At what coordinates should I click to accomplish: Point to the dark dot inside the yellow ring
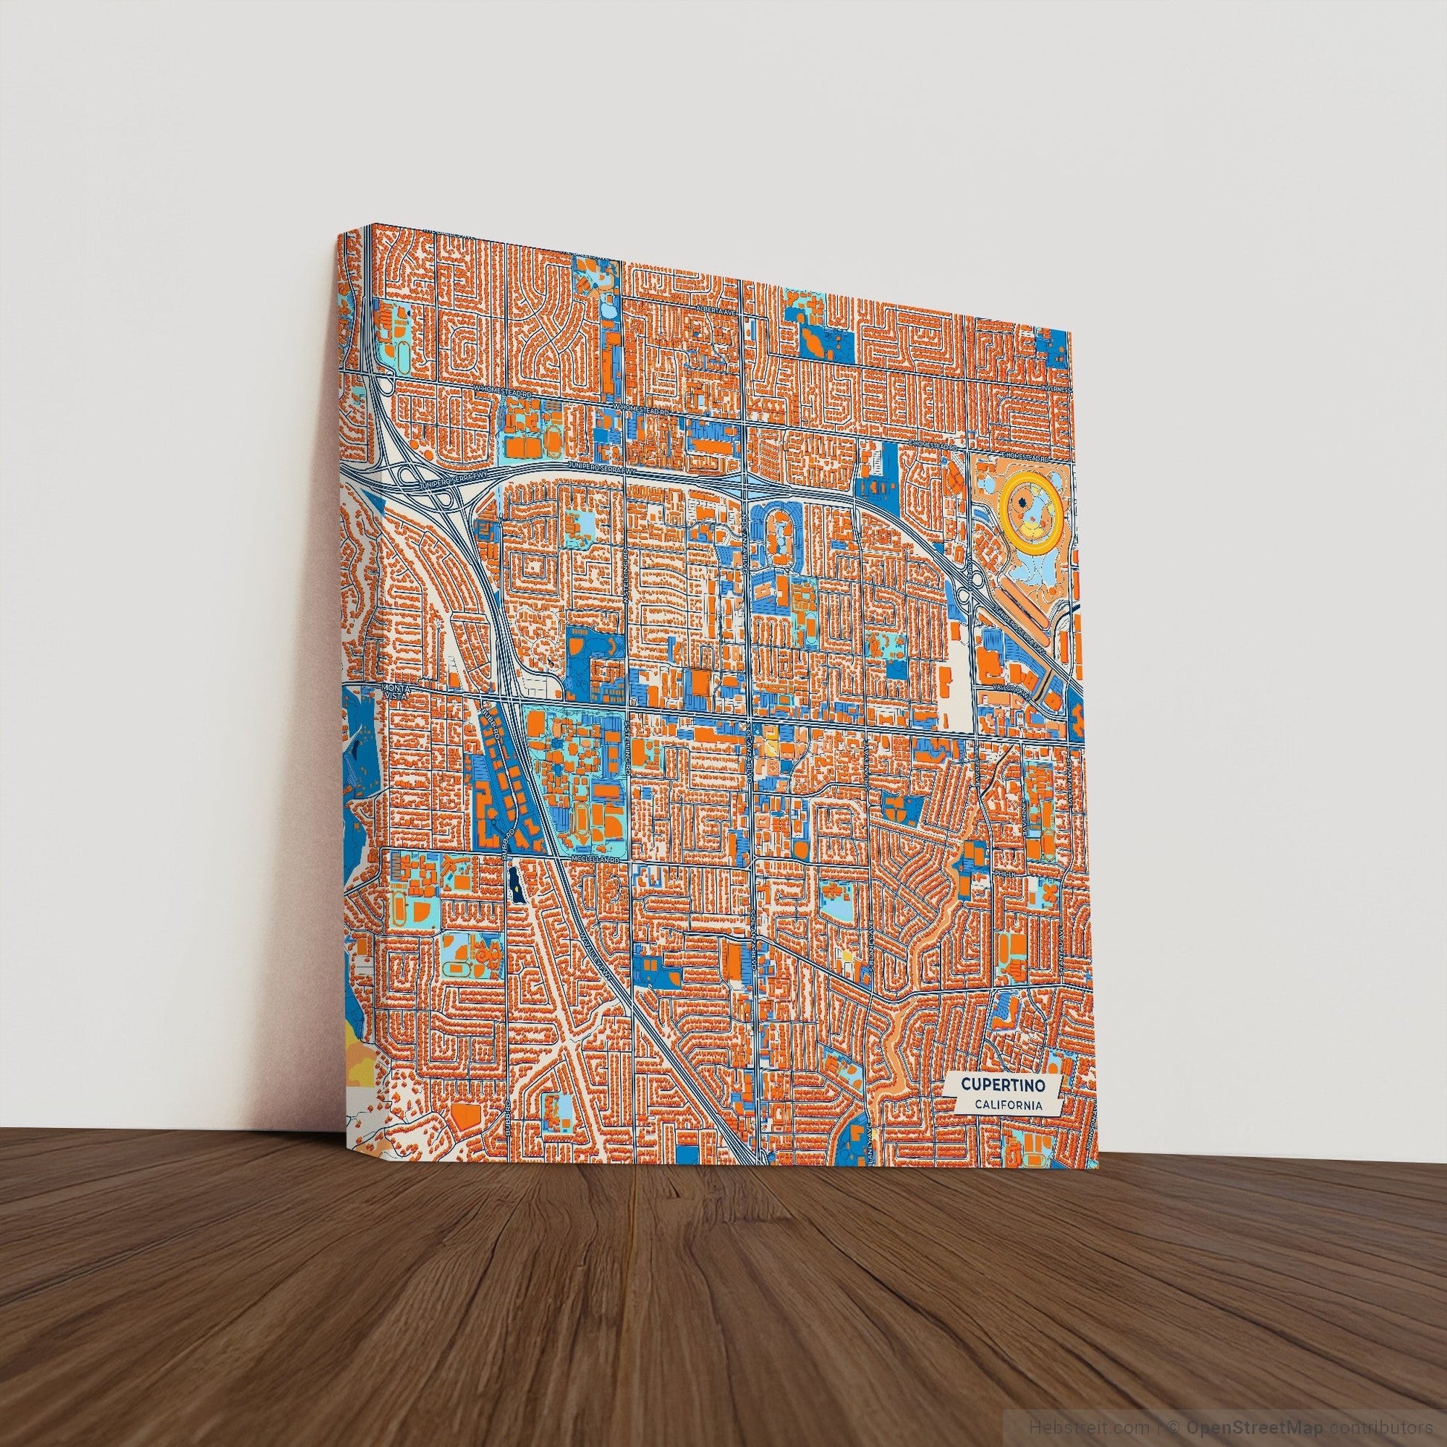point(1023,504)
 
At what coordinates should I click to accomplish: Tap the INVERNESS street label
point(1062,390)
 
